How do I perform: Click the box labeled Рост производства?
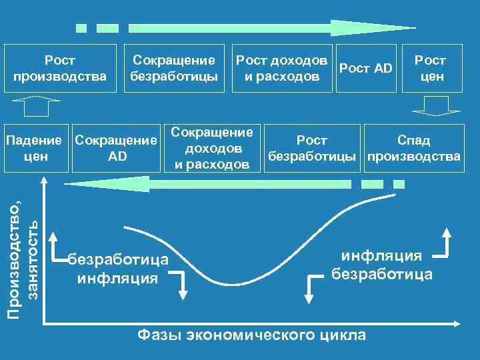point(60,68)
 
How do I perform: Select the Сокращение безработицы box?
point(173,68)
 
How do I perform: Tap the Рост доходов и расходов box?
point(281,68)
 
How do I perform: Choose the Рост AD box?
point(366,68)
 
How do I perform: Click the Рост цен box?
point(430,68)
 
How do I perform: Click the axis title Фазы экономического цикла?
point(251,335)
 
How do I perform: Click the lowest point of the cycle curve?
point(233,285)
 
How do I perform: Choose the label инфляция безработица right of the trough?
point(381,265)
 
